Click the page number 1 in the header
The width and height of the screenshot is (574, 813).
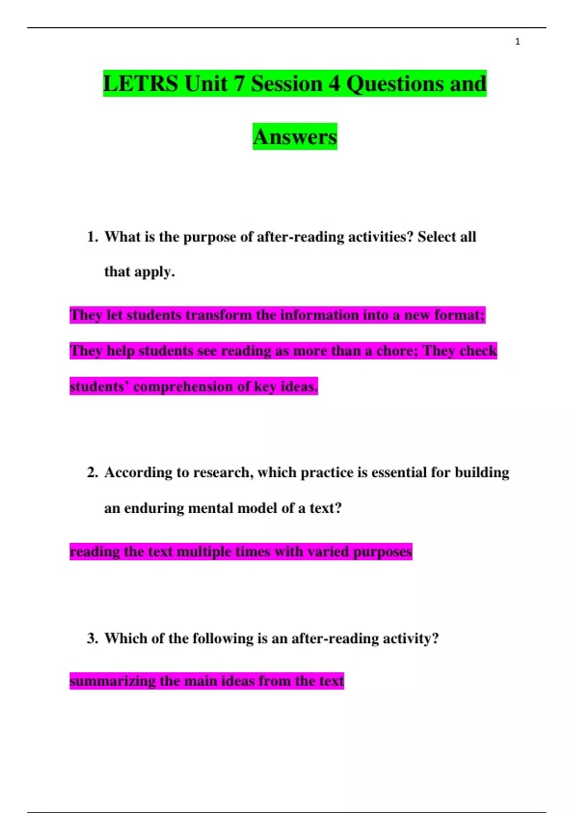pyautogui.click(x=517, y=42)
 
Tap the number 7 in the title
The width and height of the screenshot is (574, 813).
pyautogui.click(x=239, y=84)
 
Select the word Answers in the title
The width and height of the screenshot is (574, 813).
pyautogui.click(x=295, y=137)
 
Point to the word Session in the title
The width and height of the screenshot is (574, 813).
pyautogui.click(x=287, y=84)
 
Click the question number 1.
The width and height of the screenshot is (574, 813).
pyautogui.click(x=92, y=237)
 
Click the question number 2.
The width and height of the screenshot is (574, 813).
pyautogui.click(x=92, y=472)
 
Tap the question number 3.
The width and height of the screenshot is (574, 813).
pyautogui.click(x=92, y=638)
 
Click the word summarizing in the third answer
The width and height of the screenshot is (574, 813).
pyautogui.click(x=112, y=681)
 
